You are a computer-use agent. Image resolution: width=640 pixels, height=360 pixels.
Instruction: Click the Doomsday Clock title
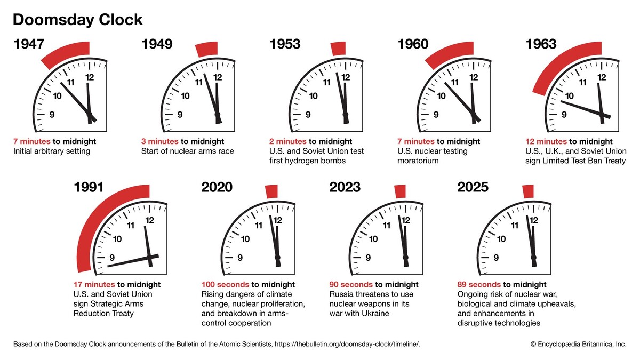pos(77,20)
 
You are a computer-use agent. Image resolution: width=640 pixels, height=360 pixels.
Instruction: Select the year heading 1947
pos(29,44)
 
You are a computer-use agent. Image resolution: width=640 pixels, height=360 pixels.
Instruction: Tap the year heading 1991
pos(89,187)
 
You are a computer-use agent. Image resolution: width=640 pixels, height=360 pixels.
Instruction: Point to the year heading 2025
pos(473,187)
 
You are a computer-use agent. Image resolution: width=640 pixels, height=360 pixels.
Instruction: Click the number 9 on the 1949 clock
pos(180,114)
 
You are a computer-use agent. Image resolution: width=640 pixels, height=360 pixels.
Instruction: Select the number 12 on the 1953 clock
pos(346,77)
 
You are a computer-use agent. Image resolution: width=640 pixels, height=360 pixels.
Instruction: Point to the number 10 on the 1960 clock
pos(441,97)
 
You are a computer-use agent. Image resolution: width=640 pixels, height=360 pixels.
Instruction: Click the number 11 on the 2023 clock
pos(386,226)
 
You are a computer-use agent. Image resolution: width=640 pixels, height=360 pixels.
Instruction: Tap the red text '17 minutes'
pos(94,284)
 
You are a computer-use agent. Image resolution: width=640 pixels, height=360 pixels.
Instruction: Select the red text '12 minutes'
pos(546,141)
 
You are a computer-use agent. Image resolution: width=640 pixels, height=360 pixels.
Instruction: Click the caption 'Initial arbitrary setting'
pos(52,151)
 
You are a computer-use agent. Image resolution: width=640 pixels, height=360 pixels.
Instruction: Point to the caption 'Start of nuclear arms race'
pos(188,151)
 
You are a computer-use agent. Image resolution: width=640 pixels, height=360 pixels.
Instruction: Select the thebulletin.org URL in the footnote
pos(347,345)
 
